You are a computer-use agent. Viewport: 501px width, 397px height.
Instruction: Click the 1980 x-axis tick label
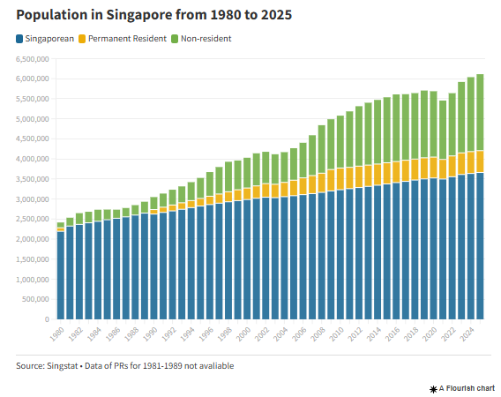pos(56,336)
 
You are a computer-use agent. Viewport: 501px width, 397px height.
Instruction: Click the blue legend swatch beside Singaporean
pos(19,39)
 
